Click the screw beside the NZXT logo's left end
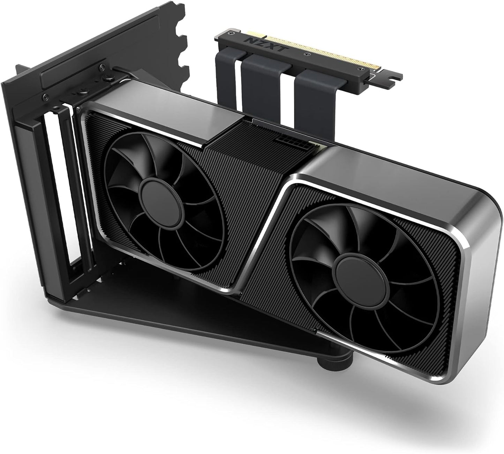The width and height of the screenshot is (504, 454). [231, 33]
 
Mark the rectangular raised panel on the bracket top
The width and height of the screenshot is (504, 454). [70, 75]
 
